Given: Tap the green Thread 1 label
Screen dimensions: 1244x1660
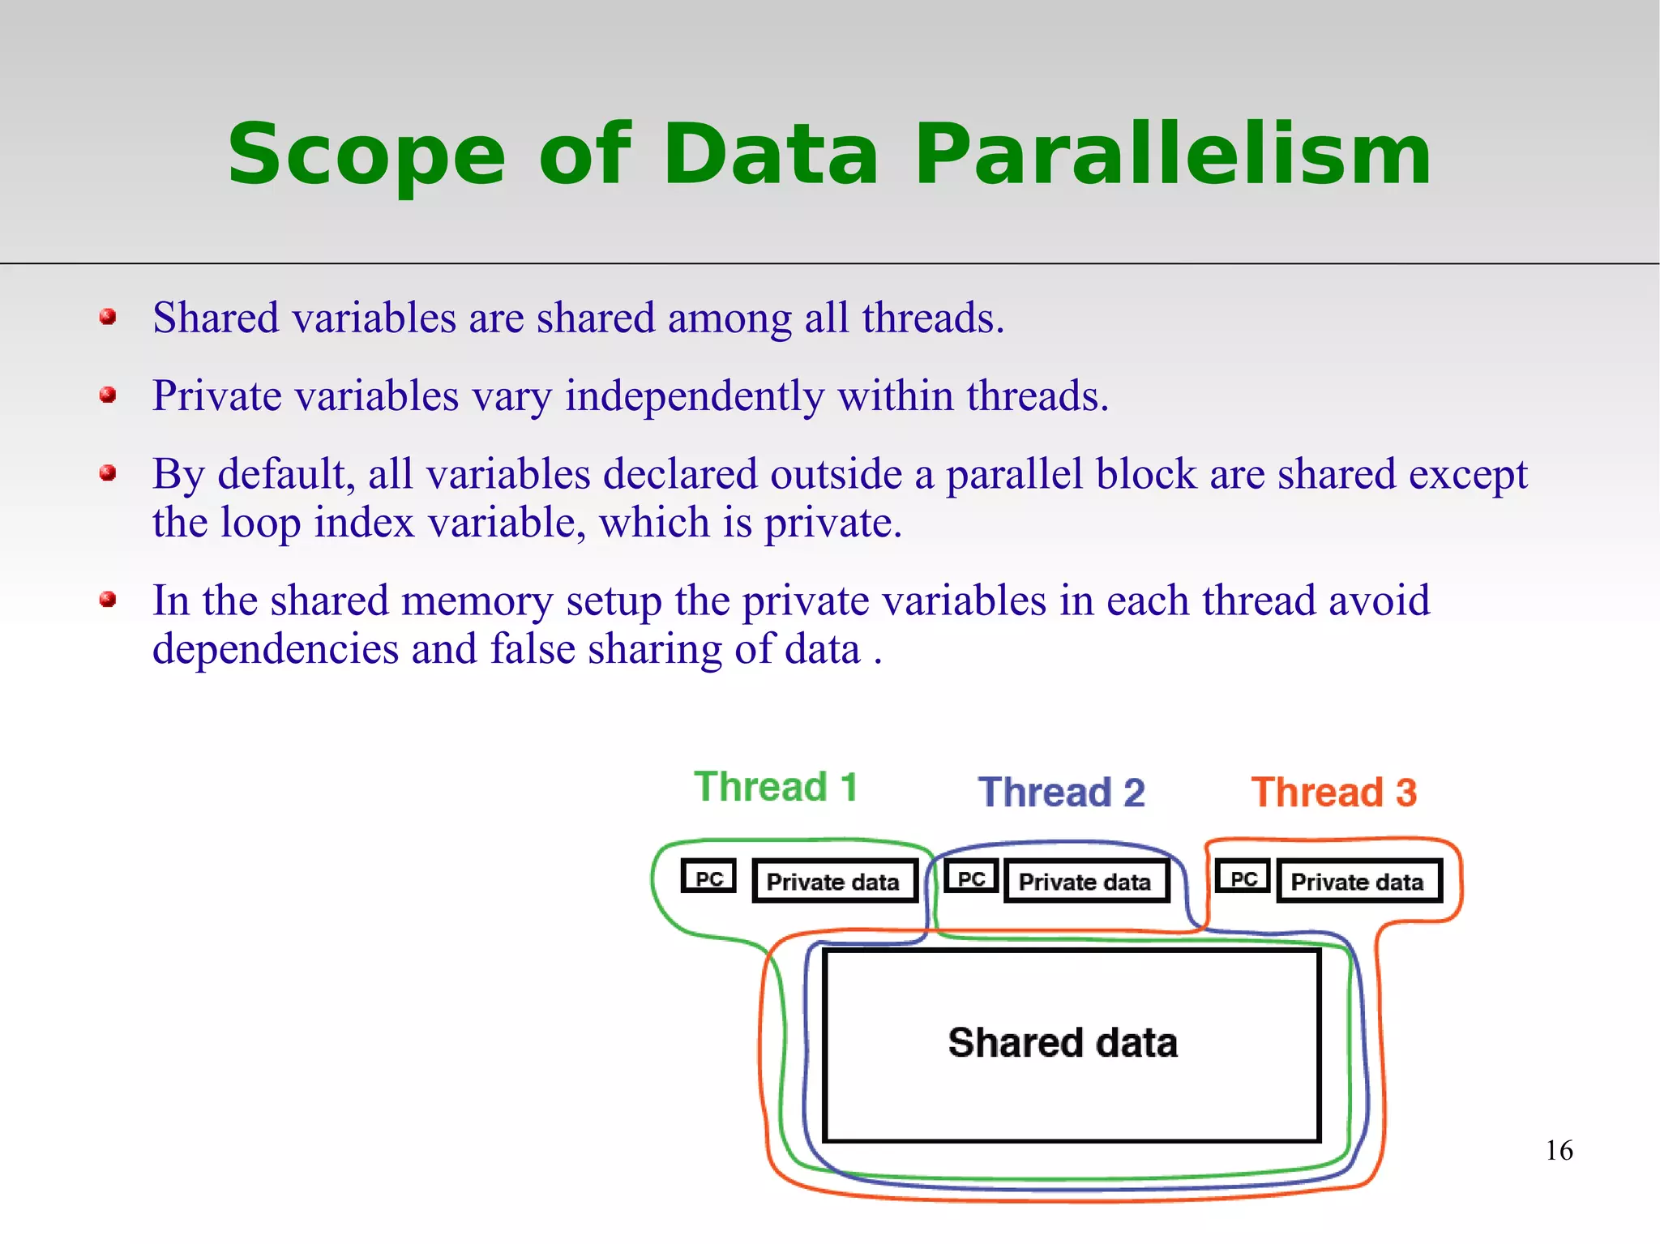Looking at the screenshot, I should click(776, 787).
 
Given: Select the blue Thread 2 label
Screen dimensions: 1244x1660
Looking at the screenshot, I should click(1061, 793).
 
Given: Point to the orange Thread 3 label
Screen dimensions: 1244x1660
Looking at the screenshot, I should click(1333, 793).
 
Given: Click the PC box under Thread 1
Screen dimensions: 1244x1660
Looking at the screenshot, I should click(708, 878).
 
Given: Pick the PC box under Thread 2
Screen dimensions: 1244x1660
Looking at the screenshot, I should click(971, 878).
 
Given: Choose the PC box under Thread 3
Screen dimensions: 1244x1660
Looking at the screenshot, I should click(1243, 878).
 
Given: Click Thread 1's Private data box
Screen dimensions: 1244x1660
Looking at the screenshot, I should click(833, 882).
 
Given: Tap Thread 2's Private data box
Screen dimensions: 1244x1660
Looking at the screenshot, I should click(1085, 882).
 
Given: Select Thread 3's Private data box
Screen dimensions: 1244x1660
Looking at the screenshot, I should click(1358, 882).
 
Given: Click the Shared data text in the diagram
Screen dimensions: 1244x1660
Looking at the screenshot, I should click(1062, 1043).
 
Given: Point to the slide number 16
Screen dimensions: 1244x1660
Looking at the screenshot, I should click(1559, 1150).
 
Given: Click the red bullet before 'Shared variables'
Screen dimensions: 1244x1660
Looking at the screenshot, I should click(108, 317).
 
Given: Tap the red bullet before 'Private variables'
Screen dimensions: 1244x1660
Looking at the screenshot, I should click(108, 395).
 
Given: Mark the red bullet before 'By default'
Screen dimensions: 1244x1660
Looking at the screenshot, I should click(108, 472).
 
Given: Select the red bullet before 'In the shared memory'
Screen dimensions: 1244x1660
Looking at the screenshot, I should click(108, 600).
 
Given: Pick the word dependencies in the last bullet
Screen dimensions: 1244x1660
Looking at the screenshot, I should click(276, 650).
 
